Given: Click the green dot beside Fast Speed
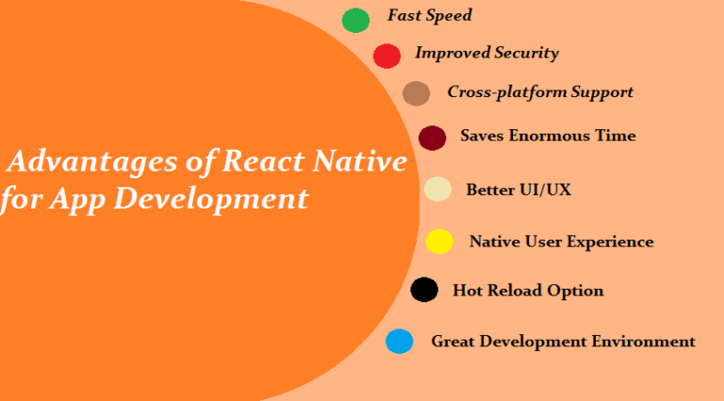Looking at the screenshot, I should [355, 20].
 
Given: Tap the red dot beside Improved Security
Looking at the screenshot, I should [387, 56].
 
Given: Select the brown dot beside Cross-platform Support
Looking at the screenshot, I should [416, 93].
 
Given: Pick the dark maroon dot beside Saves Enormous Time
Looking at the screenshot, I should [432, 138].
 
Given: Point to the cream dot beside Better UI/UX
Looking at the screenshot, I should [437, 190].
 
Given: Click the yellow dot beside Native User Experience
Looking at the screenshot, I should [439, 242].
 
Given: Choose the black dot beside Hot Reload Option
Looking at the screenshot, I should [424, 290].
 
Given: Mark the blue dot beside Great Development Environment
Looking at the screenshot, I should [400, 342].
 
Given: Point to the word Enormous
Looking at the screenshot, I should [551, 136].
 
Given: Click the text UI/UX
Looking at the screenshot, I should [546, 190].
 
